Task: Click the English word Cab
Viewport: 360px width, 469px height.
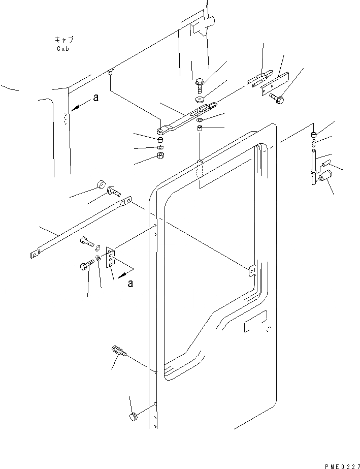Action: [64, 49]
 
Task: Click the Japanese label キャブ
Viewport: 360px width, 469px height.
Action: [64, 39]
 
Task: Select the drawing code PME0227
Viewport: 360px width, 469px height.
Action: [340, 465]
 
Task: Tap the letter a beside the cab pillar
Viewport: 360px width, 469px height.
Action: [95, 99]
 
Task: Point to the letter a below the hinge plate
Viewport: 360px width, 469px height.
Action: [130, 284]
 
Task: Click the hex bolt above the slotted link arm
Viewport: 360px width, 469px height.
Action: [199, 81]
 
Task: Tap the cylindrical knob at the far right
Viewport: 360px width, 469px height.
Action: [323, 177]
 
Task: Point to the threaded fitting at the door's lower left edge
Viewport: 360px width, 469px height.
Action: [116, 350]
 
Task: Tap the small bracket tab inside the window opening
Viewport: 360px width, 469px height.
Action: [251, 272]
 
